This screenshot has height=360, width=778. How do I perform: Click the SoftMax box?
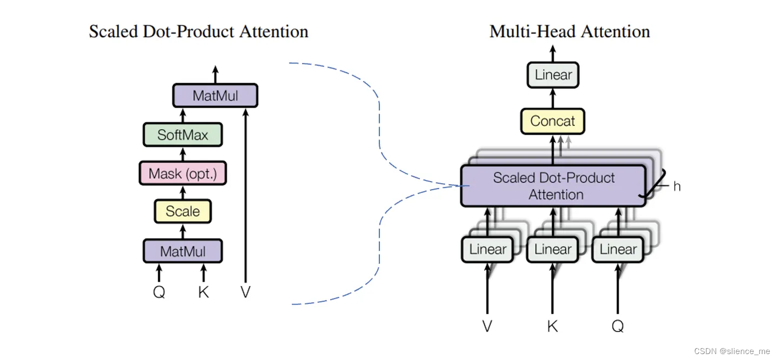click(x=183, y=135)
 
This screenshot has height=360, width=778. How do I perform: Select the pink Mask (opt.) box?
click(x=183, y=174)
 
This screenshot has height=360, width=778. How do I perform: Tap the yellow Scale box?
click(x=183, y=211)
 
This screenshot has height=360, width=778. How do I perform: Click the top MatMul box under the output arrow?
click(x=215, y=96)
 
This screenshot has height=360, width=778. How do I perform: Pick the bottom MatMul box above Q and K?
click(x=183, y=251)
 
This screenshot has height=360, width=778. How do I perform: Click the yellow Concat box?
click(x=552, y=121)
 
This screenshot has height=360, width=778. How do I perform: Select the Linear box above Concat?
click(x=553, y=75)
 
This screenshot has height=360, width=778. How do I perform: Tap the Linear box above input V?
click(x=487, y=250)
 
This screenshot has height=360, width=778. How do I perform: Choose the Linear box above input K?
click(x=552, y=250)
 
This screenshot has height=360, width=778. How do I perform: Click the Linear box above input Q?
click(x=618, y=250)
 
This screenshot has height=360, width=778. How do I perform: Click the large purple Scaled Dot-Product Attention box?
click(x=553, y=186)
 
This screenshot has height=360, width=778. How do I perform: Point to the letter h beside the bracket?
click(x=676, y=186)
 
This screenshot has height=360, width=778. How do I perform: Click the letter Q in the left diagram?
click(x=159, y=292)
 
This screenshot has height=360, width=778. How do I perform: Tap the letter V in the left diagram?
click(x=245, y=292)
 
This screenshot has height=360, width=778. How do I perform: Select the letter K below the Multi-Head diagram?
click(x=552, y=326)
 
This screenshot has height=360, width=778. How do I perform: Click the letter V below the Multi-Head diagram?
click(x=487, y=326)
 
